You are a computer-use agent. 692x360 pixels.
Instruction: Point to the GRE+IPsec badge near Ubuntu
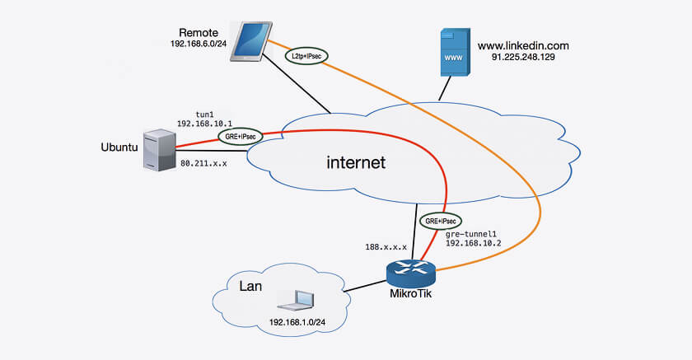(x=237, y=135)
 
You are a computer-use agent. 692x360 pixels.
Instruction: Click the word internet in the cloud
(x=355, y=163)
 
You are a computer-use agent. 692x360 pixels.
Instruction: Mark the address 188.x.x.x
(x=386, y=246)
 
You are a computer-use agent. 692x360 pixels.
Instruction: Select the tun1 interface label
(x=203, y=111)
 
